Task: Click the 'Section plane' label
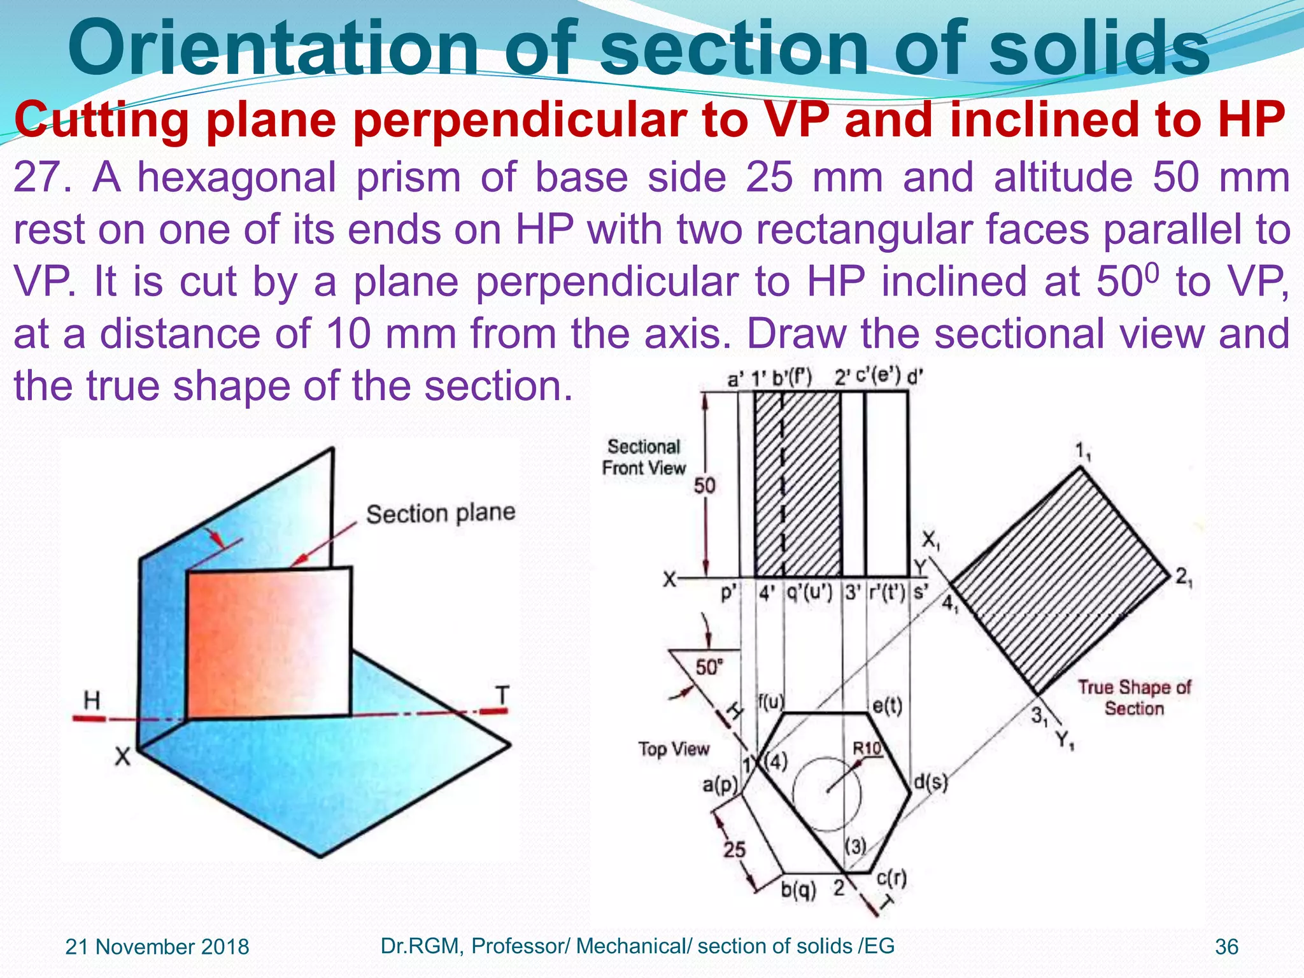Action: [440, 513]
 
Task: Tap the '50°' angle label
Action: [709, 667]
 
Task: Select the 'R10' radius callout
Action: [867, 749]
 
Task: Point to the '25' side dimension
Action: [734, 849]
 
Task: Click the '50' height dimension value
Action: [705, 486]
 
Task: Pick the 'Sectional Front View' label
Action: [644, 457]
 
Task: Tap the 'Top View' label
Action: [674, 749]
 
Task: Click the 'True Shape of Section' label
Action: [1134, 698]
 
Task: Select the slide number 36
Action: [1227, 947]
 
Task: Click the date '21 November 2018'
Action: [157, 947]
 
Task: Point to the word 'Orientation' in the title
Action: [273, 50]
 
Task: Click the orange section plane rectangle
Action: [269, 643]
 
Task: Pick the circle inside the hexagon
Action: [827, 793]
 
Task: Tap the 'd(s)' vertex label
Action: [930, 781]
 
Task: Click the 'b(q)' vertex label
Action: [798, 889]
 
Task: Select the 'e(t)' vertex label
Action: [887, 705]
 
